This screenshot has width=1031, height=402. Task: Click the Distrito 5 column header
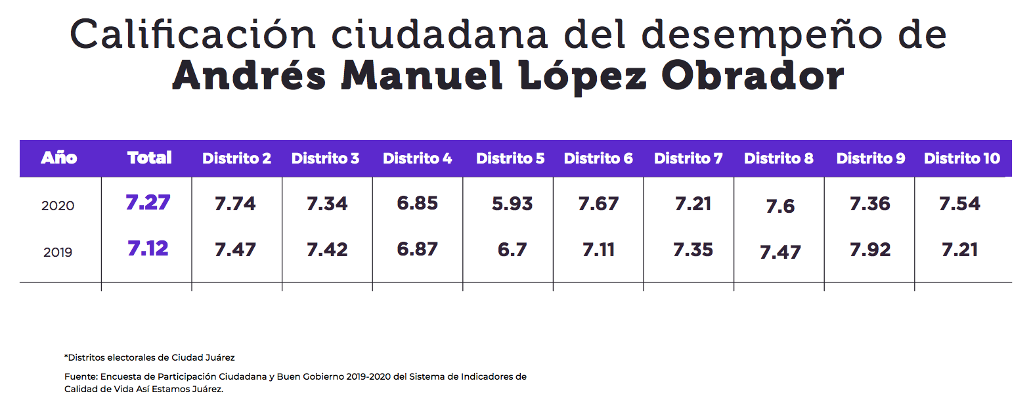coord(510,158)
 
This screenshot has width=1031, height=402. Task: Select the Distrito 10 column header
coord(961,158)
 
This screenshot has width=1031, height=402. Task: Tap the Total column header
coord(150,158)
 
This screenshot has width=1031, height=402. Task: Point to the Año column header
coord(59,158)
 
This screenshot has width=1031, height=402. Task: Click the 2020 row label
coord(58,206)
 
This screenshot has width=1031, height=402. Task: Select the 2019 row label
coord(58,252)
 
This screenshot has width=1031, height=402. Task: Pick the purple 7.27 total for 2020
coord(148,202)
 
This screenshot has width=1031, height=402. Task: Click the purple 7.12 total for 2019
coord(148,248)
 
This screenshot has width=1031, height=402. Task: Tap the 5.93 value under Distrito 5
coord(512,204)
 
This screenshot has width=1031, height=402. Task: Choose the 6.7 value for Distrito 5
coord(512,250)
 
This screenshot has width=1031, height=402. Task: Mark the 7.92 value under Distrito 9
coord(870,250)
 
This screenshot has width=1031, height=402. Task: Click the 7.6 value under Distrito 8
coord(780,206)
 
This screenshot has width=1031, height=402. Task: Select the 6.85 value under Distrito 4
coord(417,203)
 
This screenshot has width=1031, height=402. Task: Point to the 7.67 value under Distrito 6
coord(598,204)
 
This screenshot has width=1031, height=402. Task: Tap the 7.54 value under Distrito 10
coord(959,204)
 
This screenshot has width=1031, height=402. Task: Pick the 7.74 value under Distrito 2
coord(235,204)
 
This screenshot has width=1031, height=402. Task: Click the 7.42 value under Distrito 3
coord(327,250)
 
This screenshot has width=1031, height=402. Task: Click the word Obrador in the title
coord(753,76)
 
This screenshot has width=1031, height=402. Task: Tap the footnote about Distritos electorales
coord(150,357)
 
